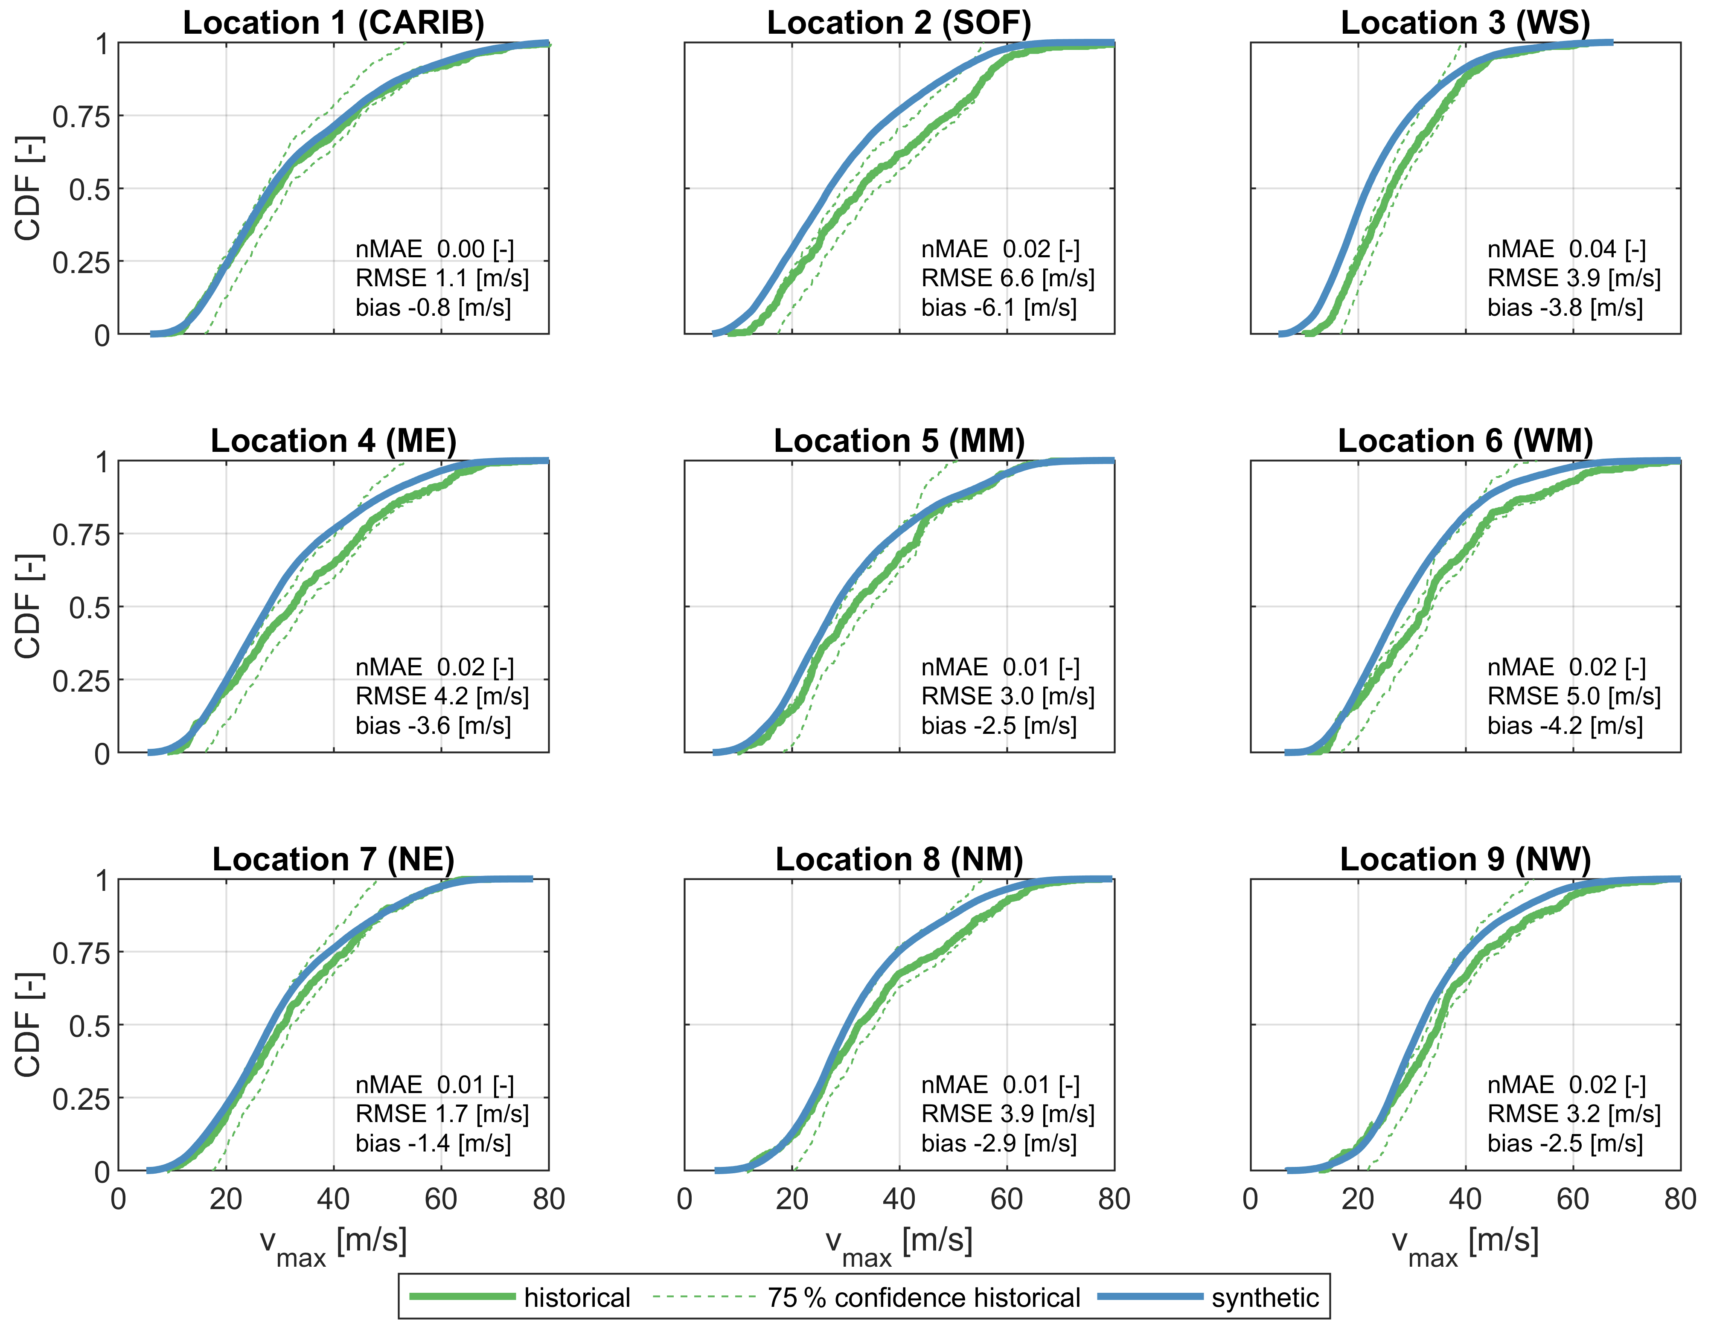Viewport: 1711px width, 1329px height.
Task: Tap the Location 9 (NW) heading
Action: point(1465,859)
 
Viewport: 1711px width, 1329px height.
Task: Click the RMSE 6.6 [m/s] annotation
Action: point(1007,278)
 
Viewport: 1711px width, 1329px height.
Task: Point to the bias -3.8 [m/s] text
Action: point(1565,307)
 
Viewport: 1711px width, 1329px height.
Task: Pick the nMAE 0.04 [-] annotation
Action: point(1566,249)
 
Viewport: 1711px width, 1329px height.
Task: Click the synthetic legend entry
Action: point(1264,1298)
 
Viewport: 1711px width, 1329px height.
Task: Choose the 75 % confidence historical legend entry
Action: point(923,1298)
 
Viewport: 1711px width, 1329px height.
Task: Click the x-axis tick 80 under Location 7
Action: point(548,1199)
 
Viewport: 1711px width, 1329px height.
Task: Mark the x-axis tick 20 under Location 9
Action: point(1358,1199)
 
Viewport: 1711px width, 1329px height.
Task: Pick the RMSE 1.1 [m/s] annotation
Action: point(442,278)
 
